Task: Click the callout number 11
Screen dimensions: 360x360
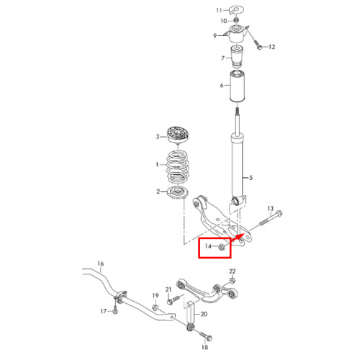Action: pyautogui.click(x=219, y=10)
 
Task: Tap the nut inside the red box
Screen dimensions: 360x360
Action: pyautogui.click(x=222, y=247)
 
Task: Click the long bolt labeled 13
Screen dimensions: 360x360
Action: pyautogui.click(x=270, y=219)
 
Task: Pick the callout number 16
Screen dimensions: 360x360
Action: pyautogui.click(x=101, y=264)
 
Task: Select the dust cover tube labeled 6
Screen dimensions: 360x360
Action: pyautogui.click(x=237, y=86)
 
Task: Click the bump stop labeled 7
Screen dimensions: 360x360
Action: pyautogui.click(x=237, y=57)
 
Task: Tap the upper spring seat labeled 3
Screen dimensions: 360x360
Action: pyautogui.click(x=178, y=135)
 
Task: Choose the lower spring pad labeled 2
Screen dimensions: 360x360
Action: pyautogui.click(x=178, y=192)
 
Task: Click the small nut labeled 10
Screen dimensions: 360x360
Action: pyautogui.click(x=236, y=20)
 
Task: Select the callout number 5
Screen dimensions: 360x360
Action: pyautogui.click(x=251, y=178)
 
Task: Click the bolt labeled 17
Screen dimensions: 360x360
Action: pyautogui.click(x=115, y=308)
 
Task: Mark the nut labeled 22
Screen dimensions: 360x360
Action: pyautogui.click(x=232, y=280)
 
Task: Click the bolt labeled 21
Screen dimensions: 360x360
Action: pyautogui.click(x=173, y=300)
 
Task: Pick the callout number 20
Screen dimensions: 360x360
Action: pyautogui.click(x=204, y=314)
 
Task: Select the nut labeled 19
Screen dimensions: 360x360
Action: pyautogui.click(x=156, y=307)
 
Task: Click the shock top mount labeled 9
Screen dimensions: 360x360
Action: pyautogui.click(x=237, y=35)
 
